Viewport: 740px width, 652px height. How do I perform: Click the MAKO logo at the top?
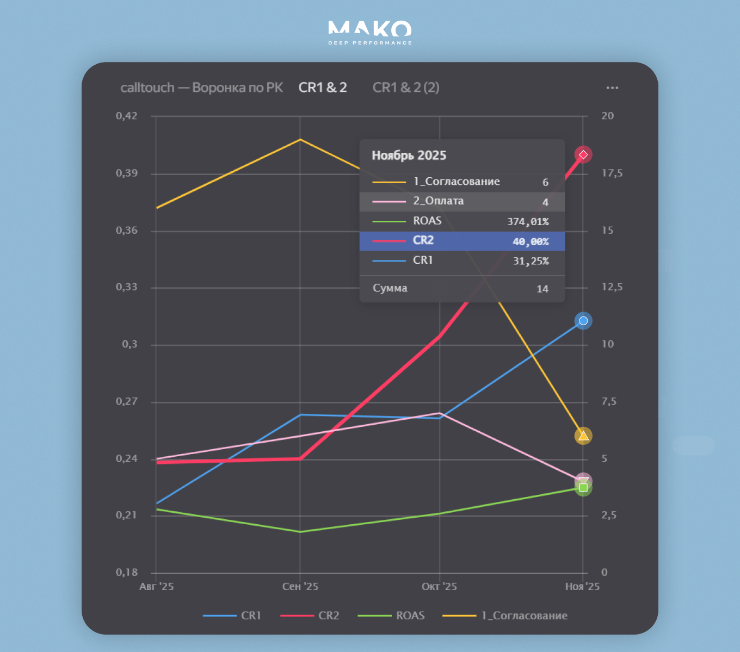tap(370, 32)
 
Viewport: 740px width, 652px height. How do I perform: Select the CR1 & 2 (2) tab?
tap(406, 88)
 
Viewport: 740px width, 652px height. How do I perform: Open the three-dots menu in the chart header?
tap(612, 88)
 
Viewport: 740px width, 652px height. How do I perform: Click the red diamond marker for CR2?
tap(583, 155)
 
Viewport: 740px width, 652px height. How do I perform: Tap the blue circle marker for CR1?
tap(583, 321)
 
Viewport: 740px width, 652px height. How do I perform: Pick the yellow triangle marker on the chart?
tap(583, 436)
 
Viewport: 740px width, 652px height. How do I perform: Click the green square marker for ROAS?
tap(583, 488)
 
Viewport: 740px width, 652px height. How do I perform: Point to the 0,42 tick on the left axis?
tap(127, 116)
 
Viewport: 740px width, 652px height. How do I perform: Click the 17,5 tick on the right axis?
tap(612, 173)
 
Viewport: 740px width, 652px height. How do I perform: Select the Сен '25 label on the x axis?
tap(300, 587)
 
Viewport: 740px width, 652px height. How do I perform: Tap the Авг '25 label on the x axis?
tap(157, 587)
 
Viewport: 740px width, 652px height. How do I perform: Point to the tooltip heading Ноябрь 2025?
tap(409, 156)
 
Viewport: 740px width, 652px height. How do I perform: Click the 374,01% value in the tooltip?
tap(528, 221)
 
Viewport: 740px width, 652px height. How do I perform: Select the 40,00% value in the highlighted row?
tap(531, 241)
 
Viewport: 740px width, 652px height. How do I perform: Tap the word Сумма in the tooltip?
tap(390, 288)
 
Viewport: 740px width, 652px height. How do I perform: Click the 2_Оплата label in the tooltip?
tap(439, 201)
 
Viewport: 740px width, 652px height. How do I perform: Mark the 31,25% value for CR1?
tap(531, 261)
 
